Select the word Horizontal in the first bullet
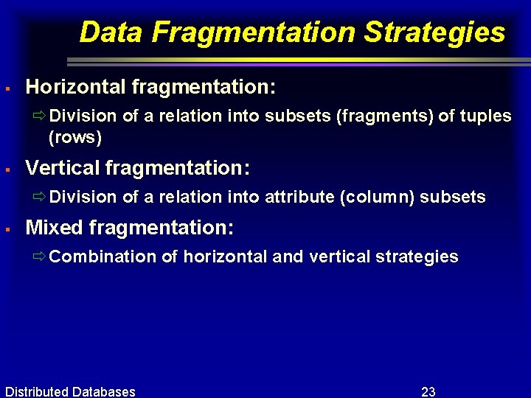(76, 88)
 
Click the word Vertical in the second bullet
(63, 168)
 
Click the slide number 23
(428, 391)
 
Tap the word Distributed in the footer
(37, 391)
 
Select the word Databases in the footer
(104, 391)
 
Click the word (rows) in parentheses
(74, 137)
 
